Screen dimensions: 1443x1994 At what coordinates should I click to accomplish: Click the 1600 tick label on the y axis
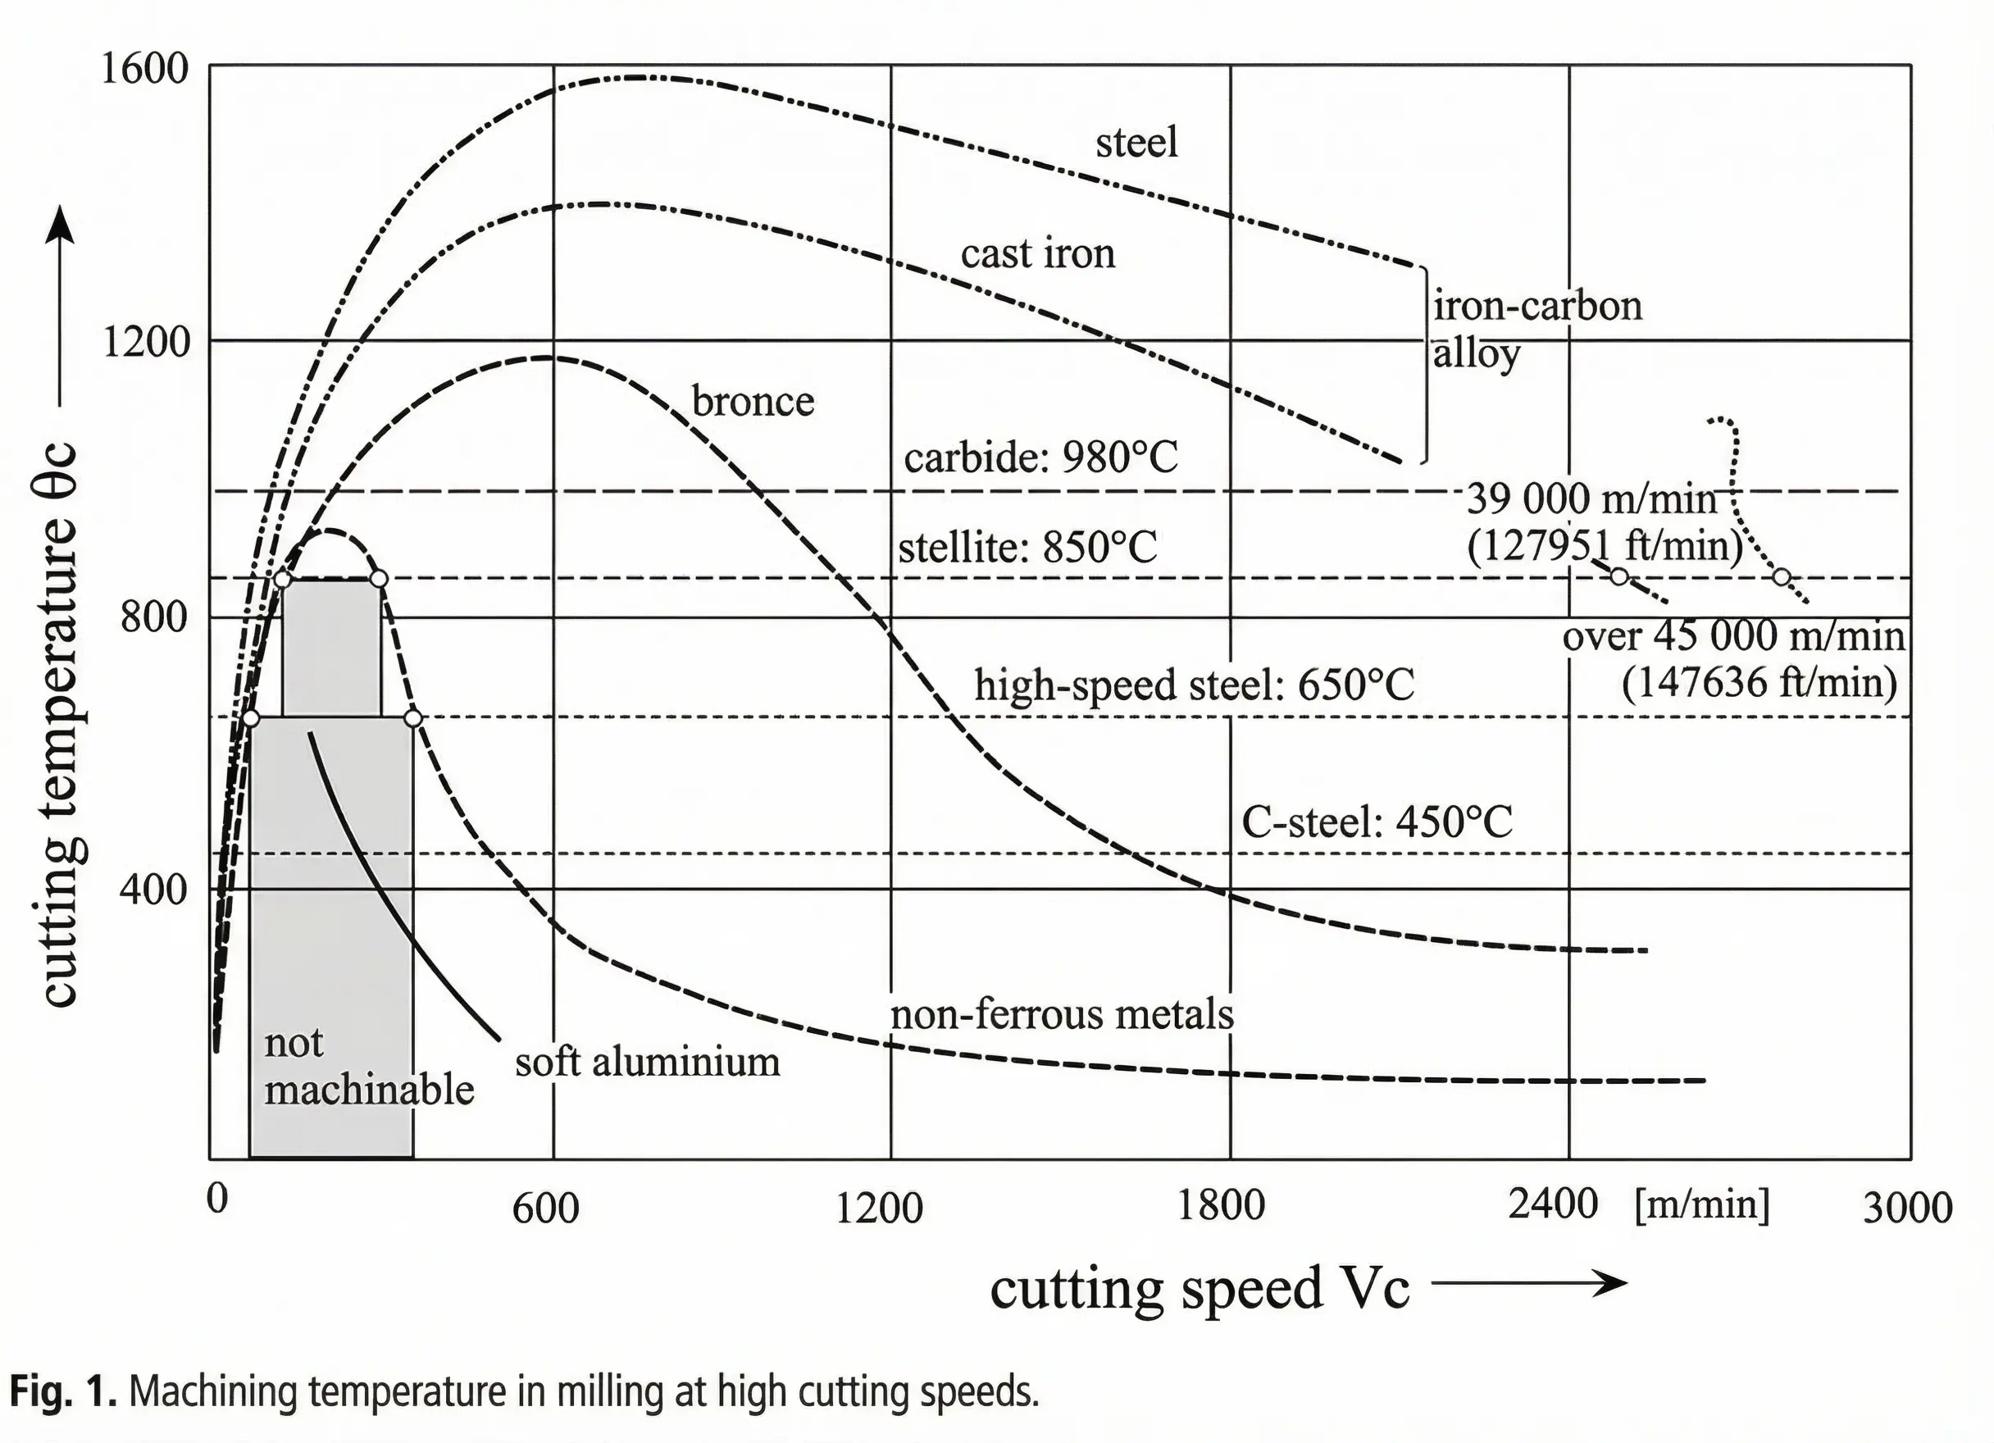click(x=145, y=69)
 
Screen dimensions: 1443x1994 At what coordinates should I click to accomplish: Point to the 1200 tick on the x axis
click(x=878, y=1209)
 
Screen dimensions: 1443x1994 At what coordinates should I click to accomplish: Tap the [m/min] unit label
click(x=1701, y=1204)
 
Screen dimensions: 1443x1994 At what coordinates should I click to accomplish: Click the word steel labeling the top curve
click(x=1136, y=143)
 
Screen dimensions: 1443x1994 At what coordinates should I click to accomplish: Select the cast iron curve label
click(x=1037, y=254)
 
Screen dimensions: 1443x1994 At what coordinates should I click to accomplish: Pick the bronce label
click(x=753, y=401)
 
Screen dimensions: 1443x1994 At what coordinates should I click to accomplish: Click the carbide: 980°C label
click(x=1041, y=458)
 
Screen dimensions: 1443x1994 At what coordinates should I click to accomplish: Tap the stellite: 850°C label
click(x=1027, y=548)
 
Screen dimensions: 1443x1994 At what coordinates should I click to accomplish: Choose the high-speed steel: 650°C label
click(x=1194, y=685)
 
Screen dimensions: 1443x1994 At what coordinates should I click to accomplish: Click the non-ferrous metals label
click(x=1062, y=1015)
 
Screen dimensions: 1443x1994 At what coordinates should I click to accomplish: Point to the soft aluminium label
click(x=647, y=1063)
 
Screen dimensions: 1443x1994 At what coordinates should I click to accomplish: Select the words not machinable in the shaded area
click(x=368, y=1067)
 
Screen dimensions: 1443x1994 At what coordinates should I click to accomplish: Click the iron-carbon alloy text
click(x=1536, y=330)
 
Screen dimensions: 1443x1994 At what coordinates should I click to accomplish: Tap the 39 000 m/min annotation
click(x=1591, y=499)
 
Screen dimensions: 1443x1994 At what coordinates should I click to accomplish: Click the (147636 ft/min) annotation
click(x=1759, y=683)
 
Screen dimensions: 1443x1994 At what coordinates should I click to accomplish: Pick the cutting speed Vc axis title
click(x=1200, y=1289)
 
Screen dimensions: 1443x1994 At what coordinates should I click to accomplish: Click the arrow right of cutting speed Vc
click(x=1530, y=1285)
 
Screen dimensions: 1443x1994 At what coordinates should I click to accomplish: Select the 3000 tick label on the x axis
click(x=1907, y=1209)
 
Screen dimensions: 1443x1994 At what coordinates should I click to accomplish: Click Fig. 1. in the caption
click(x=62, y=1392)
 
